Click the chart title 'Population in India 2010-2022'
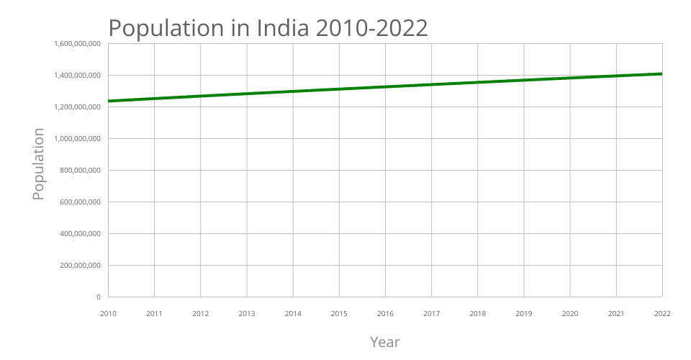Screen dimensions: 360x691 (268, 27)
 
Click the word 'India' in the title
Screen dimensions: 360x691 (282, 27)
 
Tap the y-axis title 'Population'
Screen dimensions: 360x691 (39, 164)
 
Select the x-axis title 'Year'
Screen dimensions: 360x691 (384, 341)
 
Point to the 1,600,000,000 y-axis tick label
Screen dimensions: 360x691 (77, 44)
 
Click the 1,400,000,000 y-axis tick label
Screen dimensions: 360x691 (77, 76)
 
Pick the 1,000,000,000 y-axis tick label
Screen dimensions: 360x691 (77, 139)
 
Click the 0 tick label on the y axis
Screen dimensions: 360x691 (98, 297)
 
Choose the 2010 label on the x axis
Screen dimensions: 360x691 (108, 314)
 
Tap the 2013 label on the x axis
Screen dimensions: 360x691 (247, 314)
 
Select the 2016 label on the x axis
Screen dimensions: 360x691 (385, 314)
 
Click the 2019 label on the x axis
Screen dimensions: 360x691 (524, 314)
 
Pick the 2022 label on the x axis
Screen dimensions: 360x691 (662, 314)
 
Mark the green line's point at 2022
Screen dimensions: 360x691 (661, 73)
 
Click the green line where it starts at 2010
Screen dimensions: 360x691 (109, 101)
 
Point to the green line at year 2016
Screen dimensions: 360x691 (385, 87)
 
